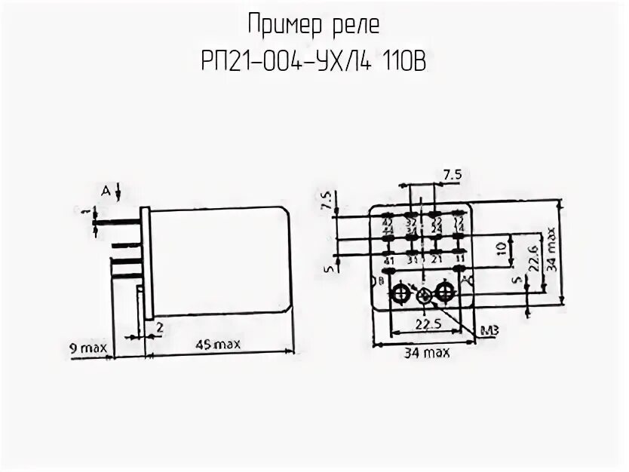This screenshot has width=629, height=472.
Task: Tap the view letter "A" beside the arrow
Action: point(106,192)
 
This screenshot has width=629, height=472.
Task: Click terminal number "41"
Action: point(389,261)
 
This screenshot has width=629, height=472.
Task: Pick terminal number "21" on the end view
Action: point(435,260)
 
